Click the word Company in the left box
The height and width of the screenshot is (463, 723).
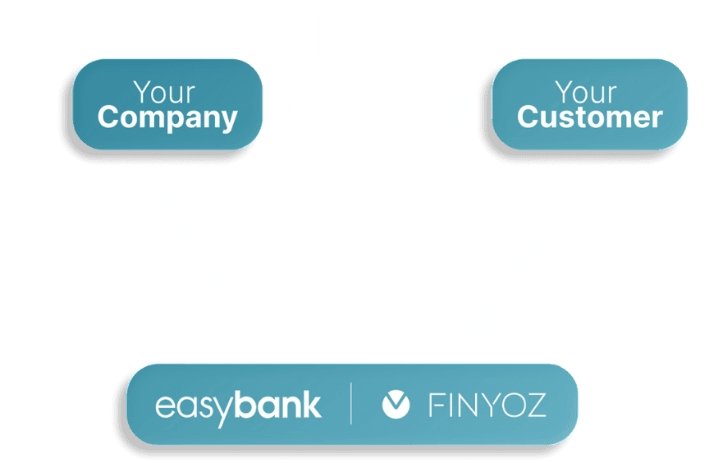point(167,117)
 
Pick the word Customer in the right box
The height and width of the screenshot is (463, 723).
point(589,117)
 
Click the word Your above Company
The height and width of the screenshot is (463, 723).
point(164,91)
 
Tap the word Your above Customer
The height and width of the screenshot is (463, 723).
point(585,91)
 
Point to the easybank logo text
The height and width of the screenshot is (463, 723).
point(238,405)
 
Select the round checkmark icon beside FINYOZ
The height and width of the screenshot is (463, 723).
point(396,404)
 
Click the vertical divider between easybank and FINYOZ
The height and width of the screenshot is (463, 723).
point(350,404)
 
